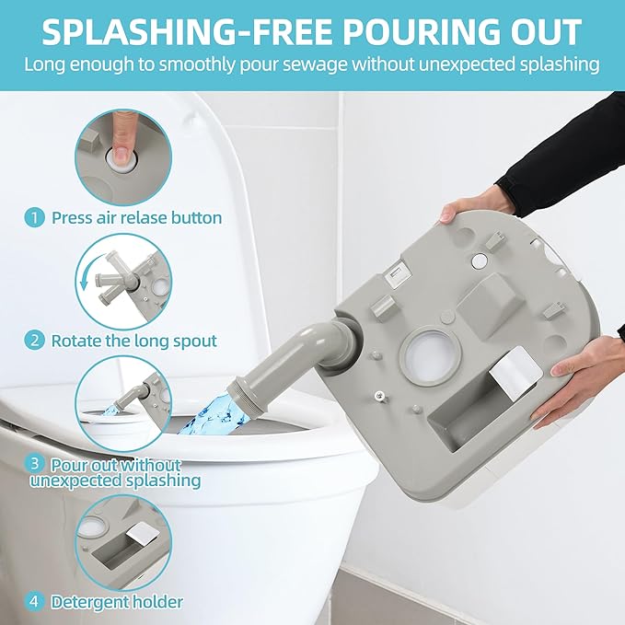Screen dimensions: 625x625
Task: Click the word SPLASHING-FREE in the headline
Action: click(187, 31)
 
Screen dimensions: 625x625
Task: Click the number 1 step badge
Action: click(34, 218)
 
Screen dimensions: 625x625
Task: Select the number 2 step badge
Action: click(34, 341)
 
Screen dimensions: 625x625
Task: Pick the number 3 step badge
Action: click(34, 464)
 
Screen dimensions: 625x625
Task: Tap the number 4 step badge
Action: click(34, 601)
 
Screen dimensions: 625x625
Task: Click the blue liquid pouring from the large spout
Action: click(208, 414)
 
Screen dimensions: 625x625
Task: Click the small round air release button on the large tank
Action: click(480, 260)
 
